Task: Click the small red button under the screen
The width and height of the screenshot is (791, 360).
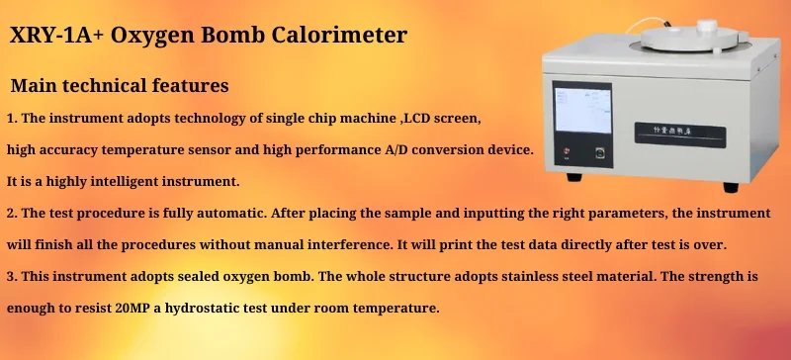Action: point(565,153)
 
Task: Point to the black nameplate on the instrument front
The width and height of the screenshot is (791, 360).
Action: point(690,132)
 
